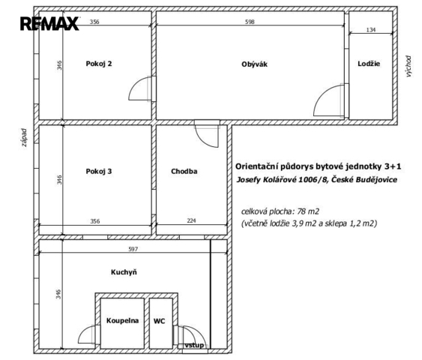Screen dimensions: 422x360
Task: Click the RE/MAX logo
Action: tap(49, 23)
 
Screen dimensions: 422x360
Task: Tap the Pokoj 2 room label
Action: tap(99, 64)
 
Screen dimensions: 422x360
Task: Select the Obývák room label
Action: tap(254, 64)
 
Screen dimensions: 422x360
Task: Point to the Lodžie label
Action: tap(369, 64)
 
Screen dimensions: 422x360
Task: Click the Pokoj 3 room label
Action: tap(99, 171)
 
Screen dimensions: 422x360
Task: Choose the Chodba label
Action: tap(184, 171)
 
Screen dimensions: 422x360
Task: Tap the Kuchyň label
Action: tap(124, 272)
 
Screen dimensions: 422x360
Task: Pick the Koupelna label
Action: tap(122, 321)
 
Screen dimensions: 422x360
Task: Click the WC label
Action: tap(159, 321)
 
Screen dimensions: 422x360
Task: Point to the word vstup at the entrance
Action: tap(194, 345)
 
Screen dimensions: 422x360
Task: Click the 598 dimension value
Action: tap(250, 22)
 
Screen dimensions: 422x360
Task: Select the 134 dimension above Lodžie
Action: tap(371, 30)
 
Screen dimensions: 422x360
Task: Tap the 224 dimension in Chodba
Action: tap(191, 220)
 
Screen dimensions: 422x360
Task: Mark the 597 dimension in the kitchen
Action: tap(133, 249)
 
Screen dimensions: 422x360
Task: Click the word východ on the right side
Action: tap(409, 67)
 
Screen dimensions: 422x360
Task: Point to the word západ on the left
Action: tap(25, 137)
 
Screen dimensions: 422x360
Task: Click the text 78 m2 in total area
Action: tap(308, 211)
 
